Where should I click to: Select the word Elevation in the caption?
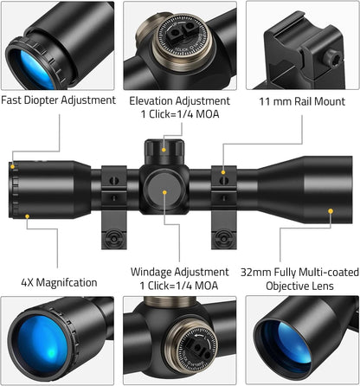151,101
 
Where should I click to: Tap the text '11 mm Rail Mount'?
302,101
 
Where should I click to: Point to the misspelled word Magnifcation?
67,282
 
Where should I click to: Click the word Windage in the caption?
151,272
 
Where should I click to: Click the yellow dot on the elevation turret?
164,150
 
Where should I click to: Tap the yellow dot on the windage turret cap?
164,192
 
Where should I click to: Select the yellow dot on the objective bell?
331,211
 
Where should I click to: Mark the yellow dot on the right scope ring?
223,172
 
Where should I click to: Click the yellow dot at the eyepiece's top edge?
12,167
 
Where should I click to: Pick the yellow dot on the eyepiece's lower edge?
27,216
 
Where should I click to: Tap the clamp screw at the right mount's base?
222,239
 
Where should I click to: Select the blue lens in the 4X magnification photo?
43,344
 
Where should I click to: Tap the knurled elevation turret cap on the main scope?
164,151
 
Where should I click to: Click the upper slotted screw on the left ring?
114,181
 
